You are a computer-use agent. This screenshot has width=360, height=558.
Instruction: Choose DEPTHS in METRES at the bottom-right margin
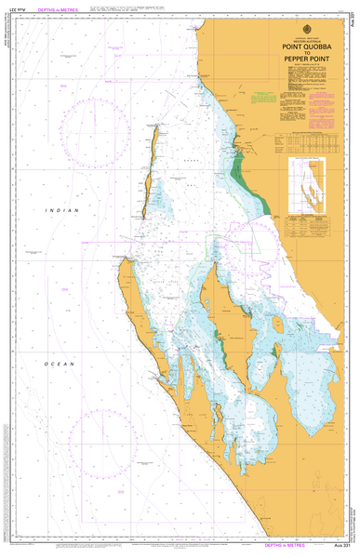pyautogui.click(x=300, y=549)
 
